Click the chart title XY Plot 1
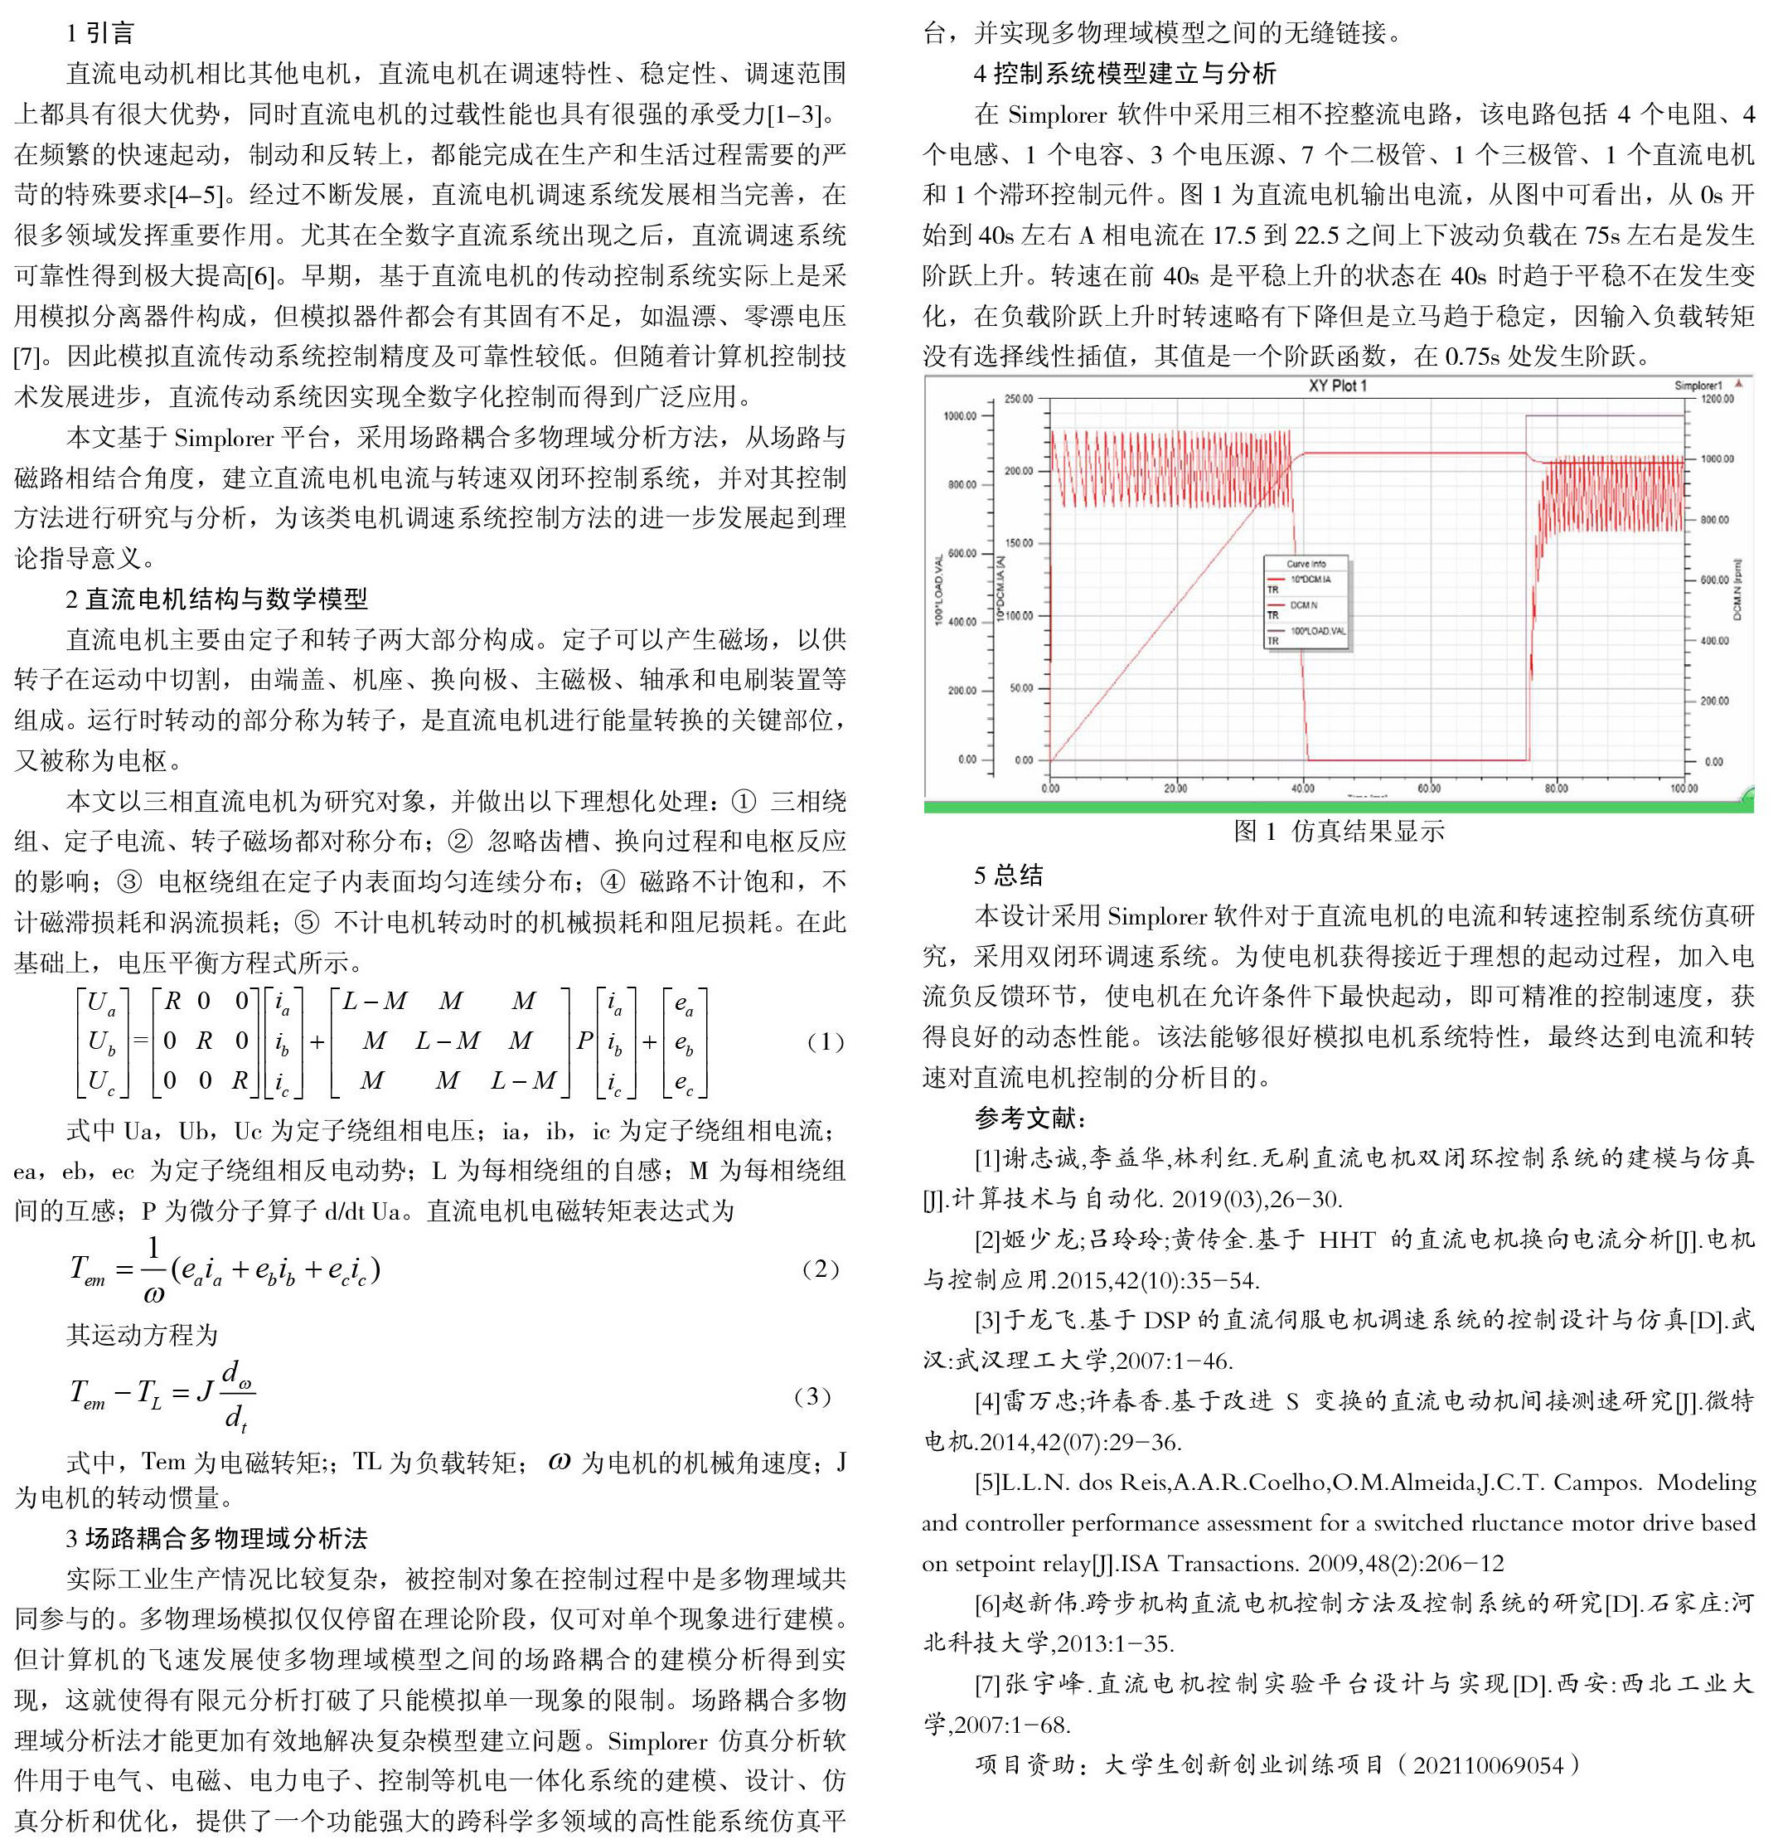click(x=1337, y=386)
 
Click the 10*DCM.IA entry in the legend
click(x=1310, y=580)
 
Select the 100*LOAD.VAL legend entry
click(x=1317, y=631)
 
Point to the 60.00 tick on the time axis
click(x=1428, y=789)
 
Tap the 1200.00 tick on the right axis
click(x=1716, y=399)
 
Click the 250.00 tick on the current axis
click(x=1018, y=399)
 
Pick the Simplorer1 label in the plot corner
click(x=1697, y=386)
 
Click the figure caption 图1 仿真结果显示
click(x=1339, y=831)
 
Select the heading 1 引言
click(x=100, y=34)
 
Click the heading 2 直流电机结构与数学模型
click(x=216, y=599)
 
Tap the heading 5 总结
click(x=1009, y=875)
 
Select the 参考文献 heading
click(x=1031, y=1118)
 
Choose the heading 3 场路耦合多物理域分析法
click(x=216, y=1538)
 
